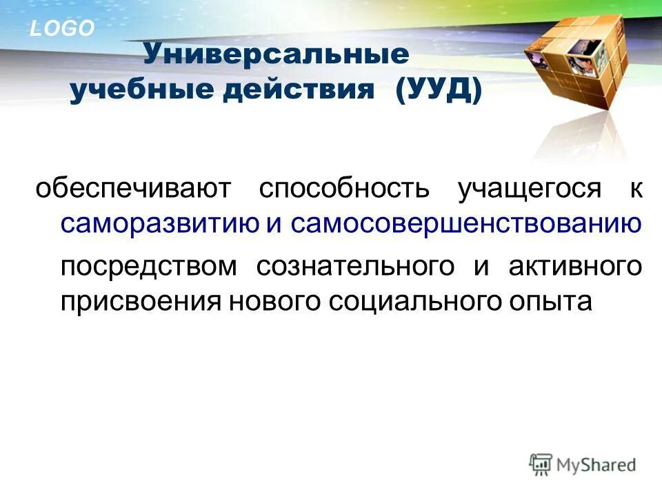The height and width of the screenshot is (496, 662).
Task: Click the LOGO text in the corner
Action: coord(61,28)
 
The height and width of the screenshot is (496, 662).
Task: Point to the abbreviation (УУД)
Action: coord(439,92)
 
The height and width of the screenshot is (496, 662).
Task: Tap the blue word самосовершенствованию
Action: coord(466,224)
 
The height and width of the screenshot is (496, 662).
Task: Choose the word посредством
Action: coord(148,267)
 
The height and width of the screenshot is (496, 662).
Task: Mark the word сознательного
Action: coord(355,267)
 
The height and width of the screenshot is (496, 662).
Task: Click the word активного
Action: coord(576,267)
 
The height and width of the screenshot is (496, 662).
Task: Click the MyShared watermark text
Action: coord(597,465)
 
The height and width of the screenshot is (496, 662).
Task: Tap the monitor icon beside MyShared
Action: coord(541,464)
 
